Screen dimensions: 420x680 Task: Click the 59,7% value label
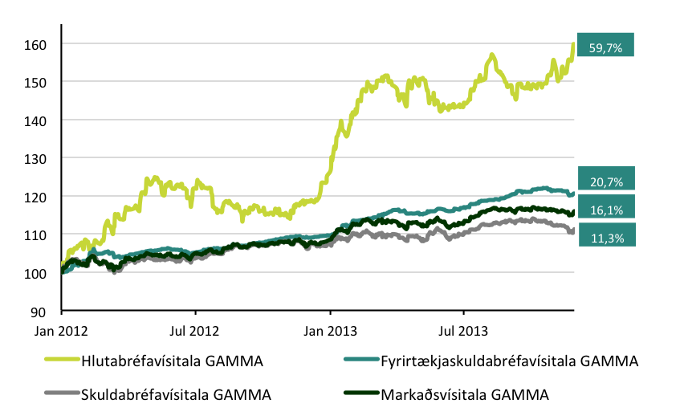606,48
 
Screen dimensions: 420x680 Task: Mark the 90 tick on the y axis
37,311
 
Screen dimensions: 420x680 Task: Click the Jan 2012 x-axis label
61,329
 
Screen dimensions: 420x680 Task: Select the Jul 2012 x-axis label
195,329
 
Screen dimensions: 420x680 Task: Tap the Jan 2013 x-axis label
330,329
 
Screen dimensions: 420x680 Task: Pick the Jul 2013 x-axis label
463,329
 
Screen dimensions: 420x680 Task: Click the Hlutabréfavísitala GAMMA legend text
172,361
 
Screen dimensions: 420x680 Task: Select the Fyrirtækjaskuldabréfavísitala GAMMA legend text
510,361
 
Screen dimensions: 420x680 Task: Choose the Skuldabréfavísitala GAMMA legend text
176,394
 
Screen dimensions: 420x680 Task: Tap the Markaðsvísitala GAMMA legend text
465,394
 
